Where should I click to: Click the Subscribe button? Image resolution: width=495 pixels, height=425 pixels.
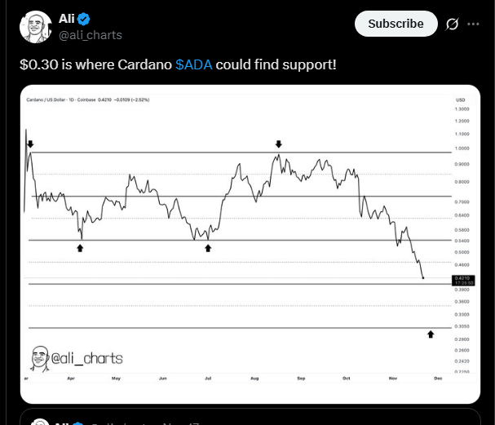[396, 24]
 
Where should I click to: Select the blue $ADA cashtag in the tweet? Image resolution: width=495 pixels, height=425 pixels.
[193, 64]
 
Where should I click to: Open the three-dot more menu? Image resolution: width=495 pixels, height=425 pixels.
[473, 24]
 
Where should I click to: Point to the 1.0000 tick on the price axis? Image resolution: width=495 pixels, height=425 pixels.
[462, 148]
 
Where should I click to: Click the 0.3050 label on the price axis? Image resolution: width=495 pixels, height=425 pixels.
[462, 326]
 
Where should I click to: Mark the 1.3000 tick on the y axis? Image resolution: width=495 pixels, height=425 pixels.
[462, 108]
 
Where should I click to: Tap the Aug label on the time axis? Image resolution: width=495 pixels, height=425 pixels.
[254, 379]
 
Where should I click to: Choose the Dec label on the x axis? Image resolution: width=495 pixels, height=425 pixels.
[437, 379]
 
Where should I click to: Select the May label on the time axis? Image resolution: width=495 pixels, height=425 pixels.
[116, 379]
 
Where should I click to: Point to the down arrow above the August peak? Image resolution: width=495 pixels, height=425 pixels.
[279, 144]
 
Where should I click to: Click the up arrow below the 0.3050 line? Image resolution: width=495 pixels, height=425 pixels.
[431, 334]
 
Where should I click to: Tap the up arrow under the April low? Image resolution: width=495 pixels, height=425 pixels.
[80, 246]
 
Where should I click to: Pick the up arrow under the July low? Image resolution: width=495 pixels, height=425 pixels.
[208, 246]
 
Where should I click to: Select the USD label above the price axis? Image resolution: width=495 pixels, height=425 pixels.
[461, 100]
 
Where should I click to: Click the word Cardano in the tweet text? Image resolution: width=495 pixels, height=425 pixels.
[146, 64]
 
